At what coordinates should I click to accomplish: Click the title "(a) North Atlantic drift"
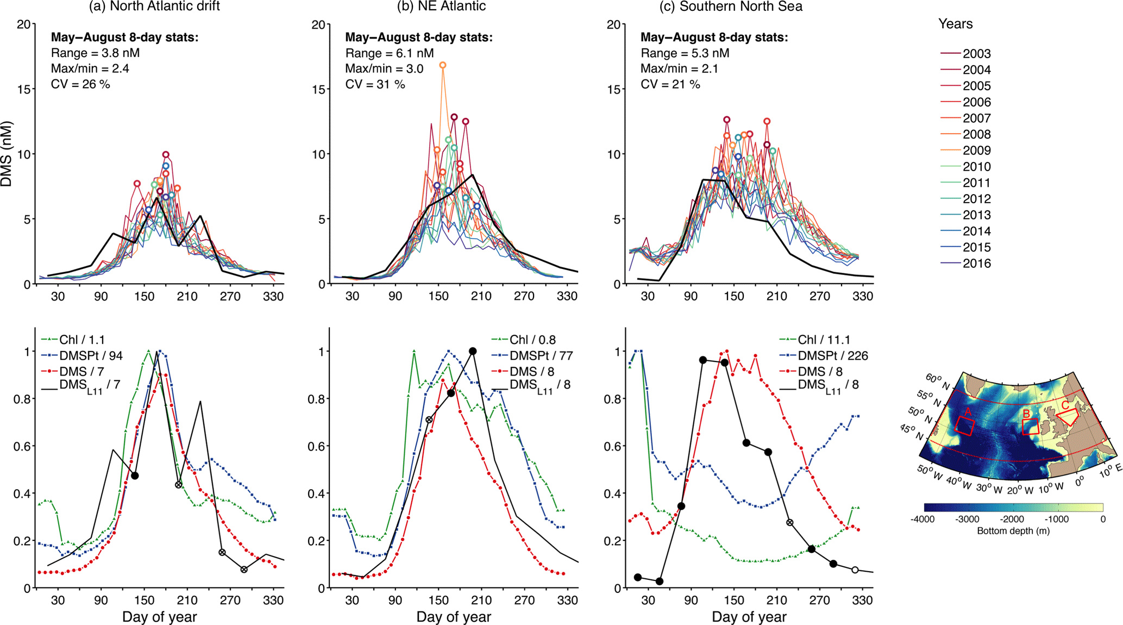click(x=154, y=7)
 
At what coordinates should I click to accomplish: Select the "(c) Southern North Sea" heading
click(x=731, y=7)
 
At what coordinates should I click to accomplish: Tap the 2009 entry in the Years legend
click(x=976, y=151)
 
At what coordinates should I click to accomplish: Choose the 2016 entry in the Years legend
click(x=976, y=264)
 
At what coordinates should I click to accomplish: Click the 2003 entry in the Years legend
click(x=976, y=54)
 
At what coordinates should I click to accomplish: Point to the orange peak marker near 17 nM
click(x=443, y=65)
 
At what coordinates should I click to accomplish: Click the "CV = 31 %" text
click(x=375, y=84)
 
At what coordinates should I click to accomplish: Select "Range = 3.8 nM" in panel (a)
click(x=95, y=53)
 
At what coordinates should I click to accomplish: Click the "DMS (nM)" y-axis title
click(x=7, y=154)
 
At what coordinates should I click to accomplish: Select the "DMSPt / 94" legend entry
click(x=91, y=355)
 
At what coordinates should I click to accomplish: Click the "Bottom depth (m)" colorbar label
click(x=1013, y=530)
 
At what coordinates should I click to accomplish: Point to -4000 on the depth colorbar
click(x=923, y=519)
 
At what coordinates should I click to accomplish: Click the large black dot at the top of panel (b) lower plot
click(x=473, y=351)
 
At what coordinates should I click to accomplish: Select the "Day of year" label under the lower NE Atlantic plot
click(x=454, y=617)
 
